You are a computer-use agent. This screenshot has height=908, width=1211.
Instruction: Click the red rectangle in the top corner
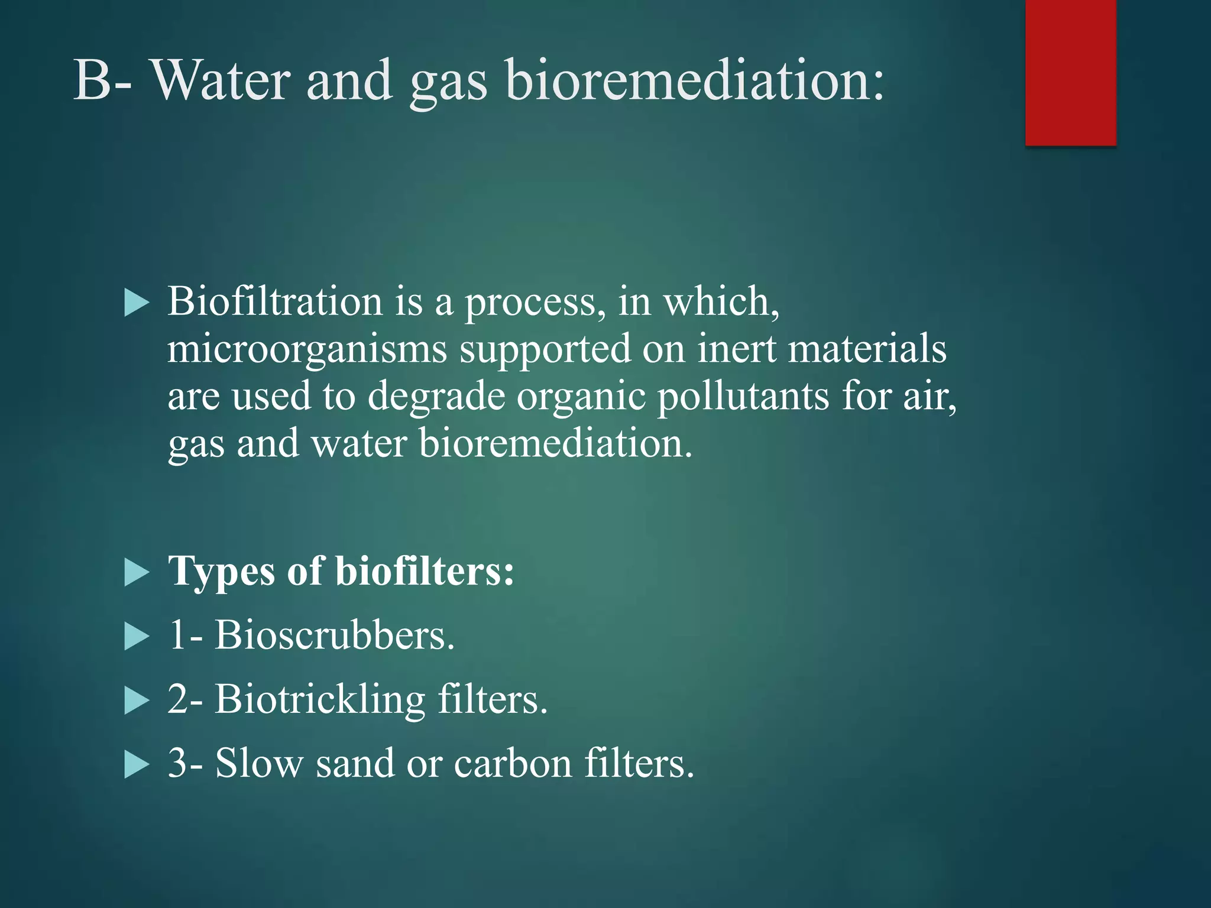(x=1070, y=72)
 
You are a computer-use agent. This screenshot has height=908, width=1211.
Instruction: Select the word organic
(x=581, y=397)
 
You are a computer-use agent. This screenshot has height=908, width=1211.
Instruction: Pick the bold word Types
(x=221, y=572)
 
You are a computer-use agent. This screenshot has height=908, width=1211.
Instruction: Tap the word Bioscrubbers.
(x=334, y=636)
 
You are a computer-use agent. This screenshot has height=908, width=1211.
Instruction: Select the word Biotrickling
(x=319, y=700)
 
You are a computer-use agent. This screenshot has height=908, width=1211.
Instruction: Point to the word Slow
(x=258, y=764)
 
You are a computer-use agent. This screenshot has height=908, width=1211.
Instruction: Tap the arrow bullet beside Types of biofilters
(x=137, y=573)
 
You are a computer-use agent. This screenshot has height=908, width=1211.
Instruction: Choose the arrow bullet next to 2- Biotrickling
(x=137, y=702)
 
